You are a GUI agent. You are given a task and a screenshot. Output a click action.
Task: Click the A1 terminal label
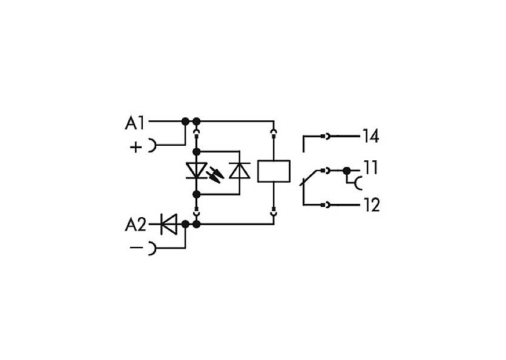pos(134,123)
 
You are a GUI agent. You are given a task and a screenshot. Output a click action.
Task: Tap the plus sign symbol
pos(136,147)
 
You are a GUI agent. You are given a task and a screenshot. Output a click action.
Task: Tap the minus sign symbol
pos(136,247)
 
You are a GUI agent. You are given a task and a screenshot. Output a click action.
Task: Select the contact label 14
pos(370,136)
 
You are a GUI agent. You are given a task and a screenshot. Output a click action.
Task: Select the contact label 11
pos(370,168)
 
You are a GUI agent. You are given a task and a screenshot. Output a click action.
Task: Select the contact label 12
pos(372,205)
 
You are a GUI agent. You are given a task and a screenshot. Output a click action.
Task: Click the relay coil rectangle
pos(274,171)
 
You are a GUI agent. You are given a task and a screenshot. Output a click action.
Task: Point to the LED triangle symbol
pos(196,171)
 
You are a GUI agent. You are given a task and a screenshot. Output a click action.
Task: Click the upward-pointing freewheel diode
pos(240,171)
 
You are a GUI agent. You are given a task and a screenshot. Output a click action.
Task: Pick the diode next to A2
pos(169,224)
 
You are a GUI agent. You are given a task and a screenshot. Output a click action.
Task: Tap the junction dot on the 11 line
pos(347,171)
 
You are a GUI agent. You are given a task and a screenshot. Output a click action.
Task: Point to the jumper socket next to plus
pos(152,145)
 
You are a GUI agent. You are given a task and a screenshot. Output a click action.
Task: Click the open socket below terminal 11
pos(357,183)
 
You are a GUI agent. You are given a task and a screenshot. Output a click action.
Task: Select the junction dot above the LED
pos(196,151)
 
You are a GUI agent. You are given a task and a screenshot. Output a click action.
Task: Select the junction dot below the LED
pos(196,194)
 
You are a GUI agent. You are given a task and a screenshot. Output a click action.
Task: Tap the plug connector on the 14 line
pos(325,136)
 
